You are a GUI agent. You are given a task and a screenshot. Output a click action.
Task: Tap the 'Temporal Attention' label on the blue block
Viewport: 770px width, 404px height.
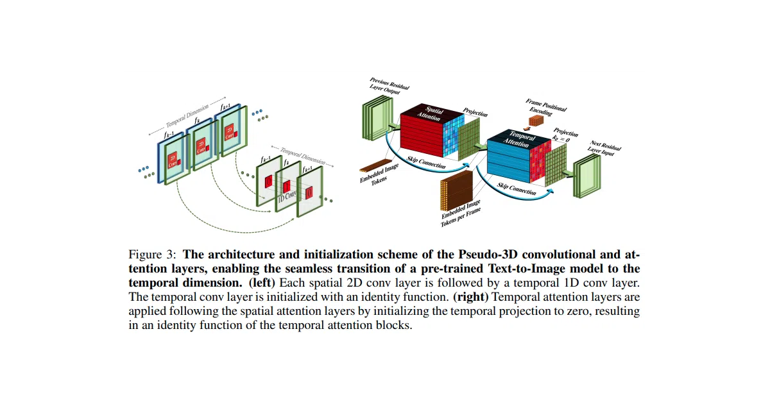[518, 139]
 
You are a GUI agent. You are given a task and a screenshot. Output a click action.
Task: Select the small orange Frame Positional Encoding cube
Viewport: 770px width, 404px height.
[536, 121]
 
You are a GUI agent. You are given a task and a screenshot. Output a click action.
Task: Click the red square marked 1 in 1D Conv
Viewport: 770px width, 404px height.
[287, 187]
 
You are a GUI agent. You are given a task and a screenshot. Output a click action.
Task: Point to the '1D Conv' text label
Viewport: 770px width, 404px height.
[287, 196]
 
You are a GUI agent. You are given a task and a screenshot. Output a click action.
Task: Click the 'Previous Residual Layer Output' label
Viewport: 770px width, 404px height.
[389, 86]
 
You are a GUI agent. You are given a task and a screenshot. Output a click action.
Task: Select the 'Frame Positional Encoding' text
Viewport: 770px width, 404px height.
[545, 107]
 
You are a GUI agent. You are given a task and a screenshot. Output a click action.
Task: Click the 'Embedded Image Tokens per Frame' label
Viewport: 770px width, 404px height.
[461, 213]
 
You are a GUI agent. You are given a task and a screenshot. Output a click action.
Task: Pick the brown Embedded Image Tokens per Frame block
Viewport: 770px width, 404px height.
[456, 190]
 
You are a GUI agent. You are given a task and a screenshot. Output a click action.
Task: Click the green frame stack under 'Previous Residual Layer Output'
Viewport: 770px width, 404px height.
[377, 118]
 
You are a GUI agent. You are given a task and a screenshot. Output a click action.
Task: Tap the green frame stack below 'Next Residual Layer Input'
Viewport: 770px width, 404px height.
[586, 176]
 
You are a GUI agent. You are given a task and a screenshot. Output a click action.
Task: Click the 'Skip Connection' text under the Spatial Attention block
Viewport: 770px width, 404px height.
[426, 162]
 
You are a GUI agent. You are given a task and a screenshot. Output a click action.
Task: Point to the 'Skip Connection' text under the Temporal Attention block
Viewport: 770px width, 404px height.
[517, 189]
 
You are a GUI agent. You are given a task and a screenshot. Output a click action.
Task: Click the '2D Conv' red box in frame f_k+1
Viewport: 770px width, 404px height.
[230, 132]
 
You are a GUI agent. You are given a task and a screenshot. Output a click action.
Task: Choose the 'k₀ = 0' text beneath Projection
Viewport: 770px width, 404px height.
[561, 139]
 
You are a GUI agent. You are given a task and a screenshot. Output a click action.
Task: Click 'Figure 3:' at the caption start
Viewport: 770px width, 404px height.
[152, 255]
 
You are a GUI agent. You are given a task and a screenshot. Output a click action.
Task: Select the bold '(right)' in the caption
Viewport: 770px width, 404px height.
[470, 297]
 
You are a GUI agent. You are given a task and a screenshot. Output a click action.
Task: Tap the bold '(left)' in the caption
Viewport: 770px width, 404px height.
[262, 283]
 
